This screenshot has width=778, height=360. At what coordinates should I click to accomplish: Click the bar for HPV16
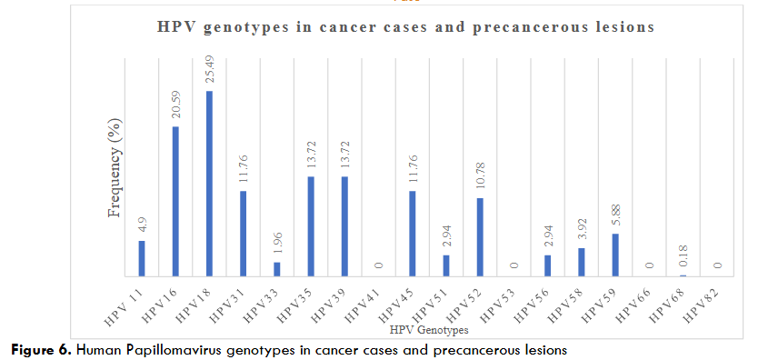[x=175, y=201]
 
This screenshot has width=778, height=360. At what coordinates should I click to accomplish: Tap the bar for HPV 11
[x=142, y=258]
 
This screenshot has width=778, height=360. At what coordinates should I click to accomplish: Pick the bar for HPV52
[x=479, y=236]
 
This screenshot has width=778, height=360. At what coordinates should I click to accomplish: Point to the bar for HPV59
[x=615, y=255]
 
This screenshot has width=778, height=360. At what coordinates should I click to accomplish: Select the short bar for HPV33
[x=277, y=269]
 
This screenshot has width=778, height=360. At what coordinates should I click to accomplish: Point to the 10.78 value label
[x=480, y=175]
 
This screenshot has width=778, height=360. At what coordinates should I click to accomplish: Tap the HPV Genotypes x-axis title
[x=427, y=330]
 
